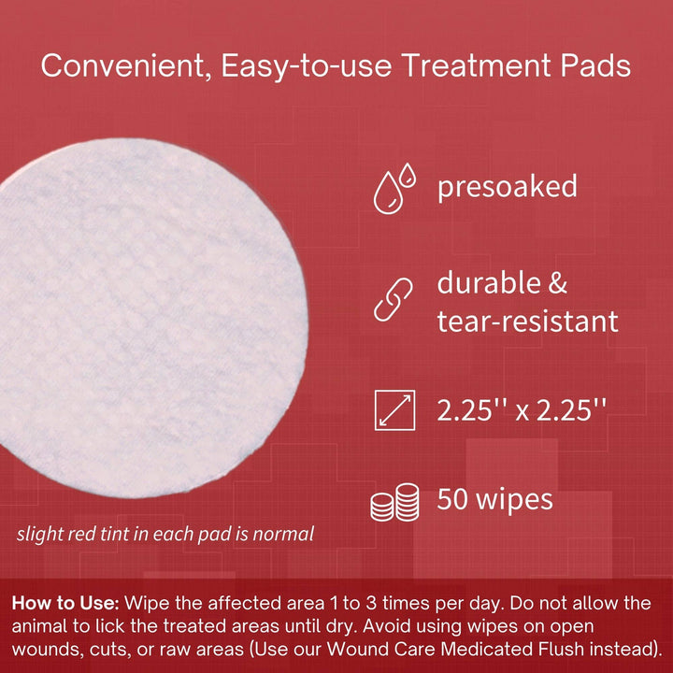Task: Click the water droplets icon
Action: (x=394, y=188)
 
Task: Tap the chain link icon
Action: (x=394, y=301)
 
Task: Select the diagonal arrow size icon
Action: (x=394, y=410)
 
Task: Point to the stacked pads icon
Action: (x=394, y=503)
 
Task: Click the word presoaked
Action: (x=508, y=187)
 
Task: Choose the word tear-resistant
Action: (x=528, y=322)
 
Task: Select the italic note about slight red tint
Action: (x=165, y=535)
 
